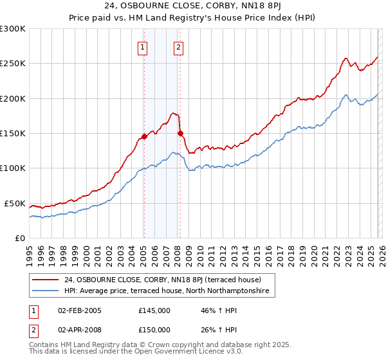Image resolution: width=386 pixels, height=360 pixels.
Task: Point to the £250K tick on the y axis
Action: click(13, 64)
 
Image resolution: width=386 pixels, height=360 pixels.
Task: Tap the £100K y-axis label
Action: click(13, 168)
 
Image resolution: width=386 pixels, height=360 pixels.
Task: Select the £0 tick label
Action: click(20, 238)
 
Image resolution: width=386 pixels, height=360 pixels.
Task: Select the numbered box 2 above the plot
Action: click(178, 46)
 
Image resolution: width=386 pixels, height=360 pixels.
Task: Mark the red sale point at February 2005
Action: click(144, 137)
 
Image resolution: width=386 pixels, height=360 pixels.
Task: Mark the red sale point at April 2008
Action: click(180, 134)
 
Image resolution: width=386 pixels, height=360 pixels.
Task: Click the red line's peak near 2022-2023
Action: click(345, 58)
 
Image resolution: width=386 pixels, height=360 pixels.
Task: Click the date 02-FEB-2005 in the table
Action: click(79, 310)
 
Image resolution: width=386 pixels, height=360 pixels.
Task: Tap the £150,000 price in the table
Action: click(154, 329)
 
